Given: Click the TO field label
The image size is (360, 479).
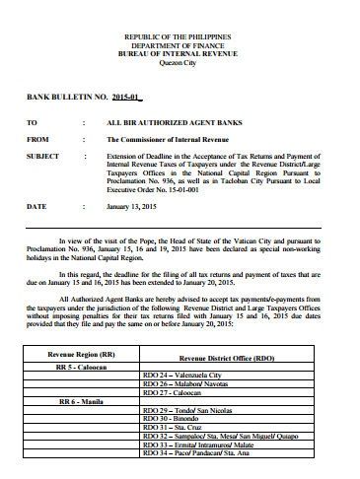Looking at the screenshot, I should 31,123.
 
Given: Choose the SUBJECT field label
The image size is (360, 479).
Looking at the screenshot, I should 42,156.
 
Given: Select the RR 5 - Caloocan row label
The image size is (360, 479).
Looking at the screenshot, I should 82,367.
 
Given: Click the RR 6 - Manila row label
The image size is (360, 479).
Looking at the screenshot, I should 80,402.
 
